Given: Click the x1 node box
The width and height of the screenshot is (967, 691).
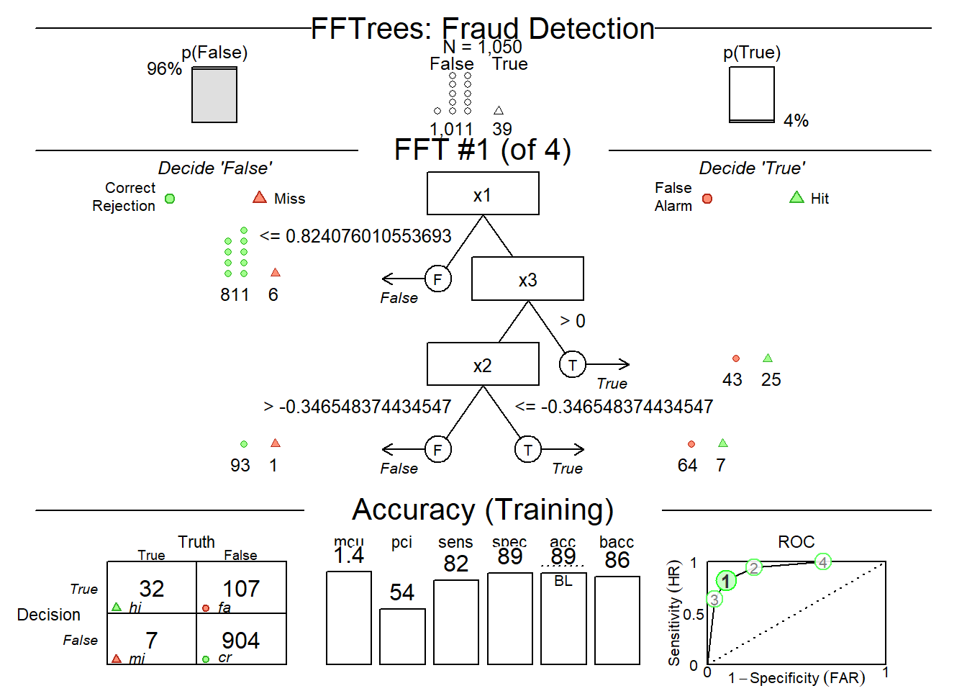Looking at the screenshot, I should click(x=483, y=194).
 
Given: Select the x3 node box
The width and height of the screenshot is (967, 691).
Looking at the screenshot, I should click(x=527, y=279).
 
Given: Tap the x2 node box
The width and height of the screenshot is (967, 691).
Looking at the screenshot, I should click(x=483, y=364).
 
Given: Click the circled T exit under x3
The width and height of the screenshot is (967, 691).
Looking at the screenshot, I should click(x=572, y=364).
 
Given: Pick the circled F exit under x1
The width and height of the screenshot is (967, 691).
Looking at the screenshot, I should click(x=437, y=279).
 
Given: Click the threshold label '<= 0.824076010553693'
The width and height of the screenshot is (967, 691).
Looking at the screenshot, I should click(x=355, y=236).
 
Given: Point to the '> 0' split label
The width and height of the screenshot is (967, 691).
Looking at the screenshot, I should click(x=573, y=321).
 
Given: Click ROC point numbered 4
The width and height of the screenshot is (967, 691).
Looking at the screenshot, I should click(x=822, y=562).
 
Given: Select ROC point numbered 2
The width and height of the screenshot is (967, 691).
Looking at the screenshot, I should click(x=753, y=568).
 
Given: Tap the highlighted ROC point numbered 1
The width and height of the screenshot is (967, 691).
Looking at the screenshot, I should click(x=726, y=581).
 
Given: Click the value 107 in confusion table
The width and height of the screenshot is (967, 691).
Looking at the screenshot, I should click(x=241, y=589).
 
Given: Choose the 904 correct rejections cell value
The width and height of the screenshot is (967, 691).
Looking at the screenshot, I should click(x=241, y=640).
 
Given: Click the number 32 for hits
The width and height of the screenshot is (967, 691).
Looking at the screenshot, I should click(x=152, y=589).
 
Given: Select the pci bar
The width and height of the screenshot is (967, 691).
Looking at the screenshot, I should click(x=402, y=636).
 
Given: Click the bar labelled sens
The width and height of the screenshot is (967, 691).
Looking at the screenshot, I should click(x=456, y=622).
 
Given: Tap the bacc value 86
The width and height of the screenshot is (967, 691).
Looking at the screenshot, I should click(x=617, y=560).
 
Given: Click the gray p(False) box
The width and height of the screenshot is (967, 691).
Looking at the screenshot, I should click(x=214, y=95).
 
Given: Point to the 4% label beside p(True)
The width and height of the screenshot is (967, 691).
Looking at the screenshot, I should click(x=796, y=120).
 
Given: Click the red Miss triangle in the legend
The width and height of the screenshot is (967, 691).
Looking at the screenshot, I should click(x=260, y=197).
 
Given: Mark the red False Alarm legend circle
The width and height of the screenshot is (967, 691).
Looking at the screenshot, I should click(x=707, y=199).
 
